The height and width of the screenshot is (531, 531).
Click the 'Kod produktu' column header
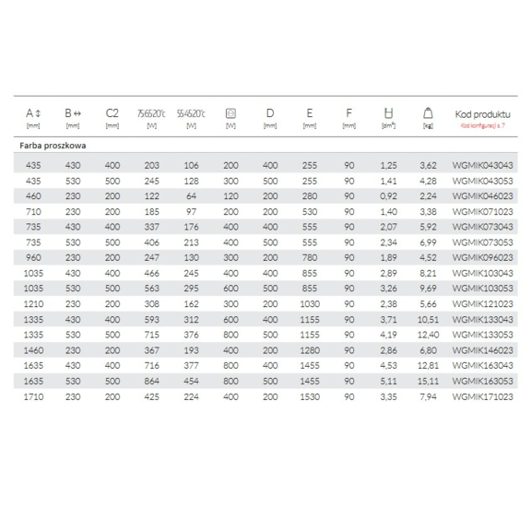[x=482, y=114]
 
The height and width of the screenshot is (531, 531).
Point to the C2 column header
[x=112, y=114]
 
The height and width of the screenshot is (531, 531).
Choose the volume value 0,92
[x=388, y=195]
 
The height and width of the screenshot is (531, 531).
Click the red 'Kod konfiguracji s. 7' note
[x=482, y=124]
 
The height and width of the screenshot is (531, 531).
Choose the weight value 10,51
[x=428, y=320]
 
